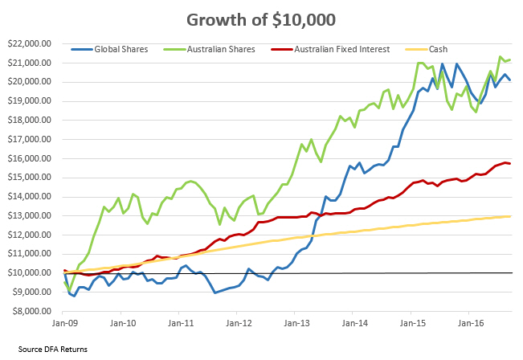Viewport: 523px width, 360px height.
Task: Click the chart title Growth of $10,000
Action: [x=262, y=18]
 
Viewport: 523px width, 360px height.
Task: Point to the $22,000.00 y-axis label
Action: [x=28, y=43]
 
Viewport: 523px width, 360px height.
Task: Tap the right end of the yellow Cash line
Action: [x=511, y=215]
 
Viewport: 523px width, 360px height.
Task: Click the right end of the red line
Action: [x=510, y=164]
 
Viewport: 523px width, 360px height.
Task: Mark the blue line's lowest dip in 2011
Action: [x=215, y=292]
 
